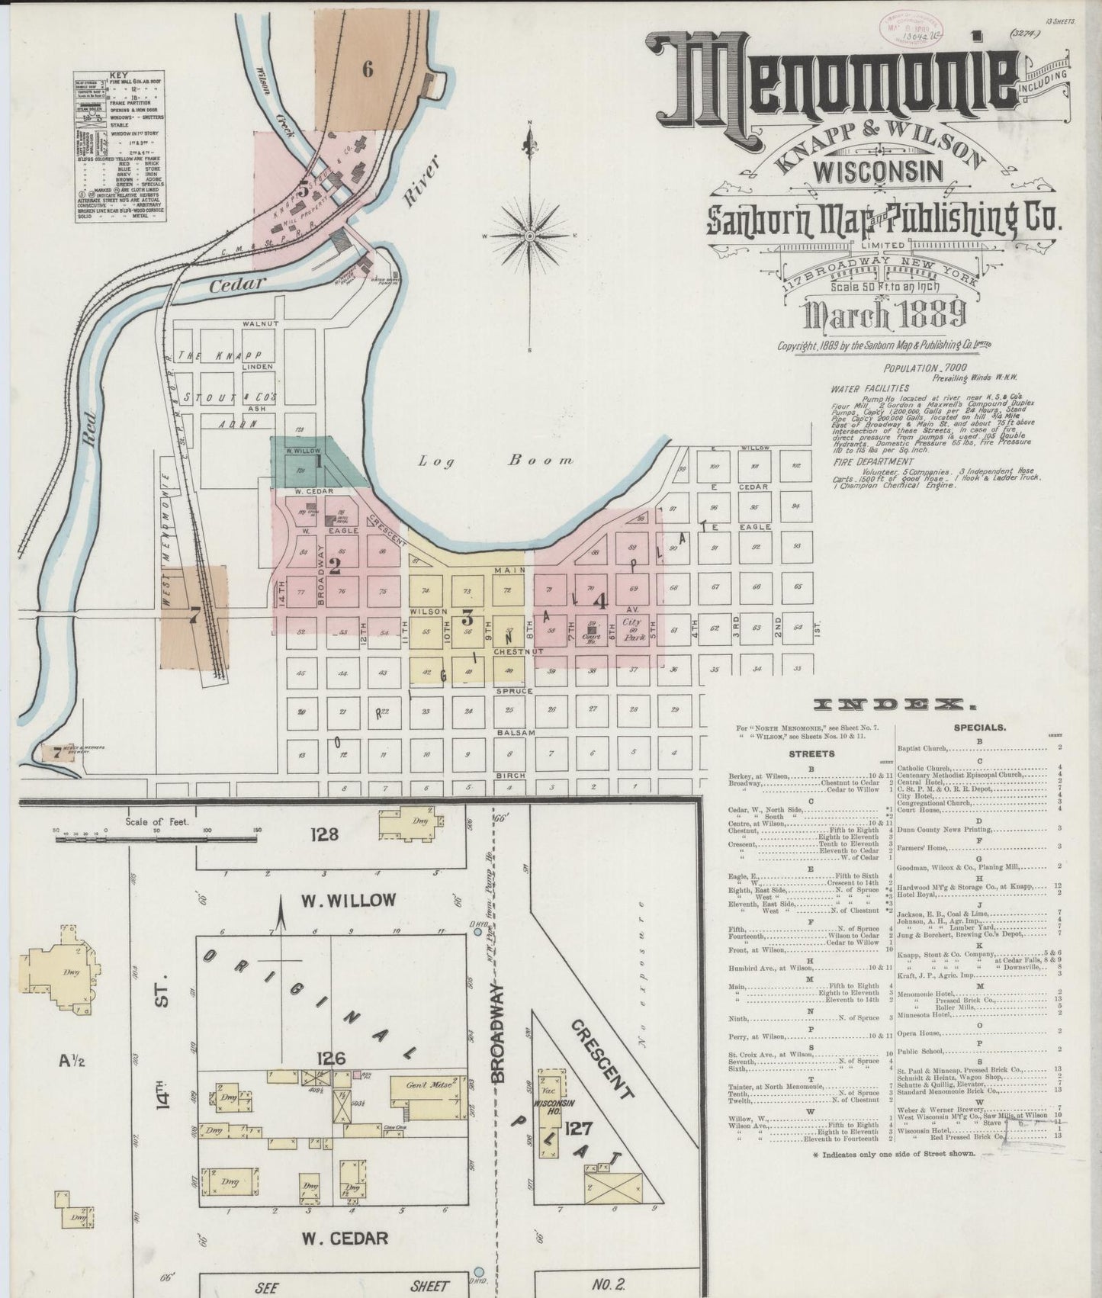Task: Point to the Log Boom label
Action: click(x=496, y=461)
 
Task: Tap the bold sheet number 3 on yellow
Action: click(x=467, y=618)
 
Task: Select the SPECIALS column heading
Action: click(x=979, y=728)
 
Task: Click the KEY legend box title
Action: click(x=119, y=76)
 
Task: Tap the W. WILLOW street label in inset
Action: click(x=348, y=901)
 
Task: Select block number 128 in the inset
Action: click(x=323, y=834)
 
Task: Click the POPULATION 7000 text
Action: click(x=915, y=368)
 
